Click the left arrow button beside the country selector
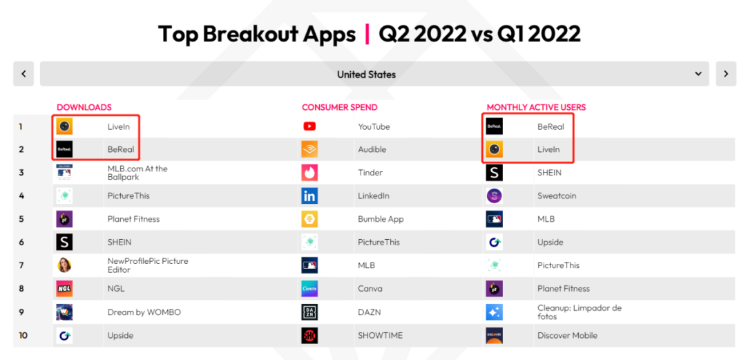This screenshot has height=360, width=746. (23, 74)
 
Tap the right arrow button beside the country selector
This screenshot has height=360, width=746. (726, 74)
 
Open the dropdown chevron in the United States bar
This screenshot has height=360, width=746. (698, 74)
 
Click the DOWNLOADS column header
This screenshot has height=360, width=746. (84, 107)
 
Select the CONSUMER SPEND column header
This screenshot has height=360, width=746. (340, 107)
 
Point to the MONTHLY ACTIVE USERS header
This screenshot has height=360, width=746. (536, 107)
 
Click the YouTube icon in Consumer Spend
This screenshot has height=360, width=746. (309, 126)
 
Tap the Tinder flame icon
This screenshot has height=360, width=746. (309, 172)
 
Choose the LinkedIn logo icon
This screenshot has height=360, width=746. (309, 196)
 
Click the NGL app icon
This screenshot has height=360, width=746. (64, 288)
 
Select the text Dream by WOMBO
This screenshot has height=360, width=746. (144, 312)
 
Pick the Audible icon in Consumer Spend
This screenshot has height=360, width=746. (309, 149)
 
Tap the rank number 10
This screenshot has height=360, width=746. (23, 335)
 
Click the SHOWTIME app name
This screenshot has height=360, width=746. (380, 335)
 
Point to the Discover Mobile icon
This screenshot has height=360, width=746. (495, 335)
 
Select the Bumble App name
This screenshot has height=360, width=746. (381, 219)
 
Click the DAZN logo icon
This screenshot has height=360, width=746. (309, 312)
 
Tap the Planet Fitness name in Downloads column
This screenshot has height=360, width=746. (134, 219)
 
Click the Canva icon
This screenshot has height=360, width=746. (309, 288)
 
